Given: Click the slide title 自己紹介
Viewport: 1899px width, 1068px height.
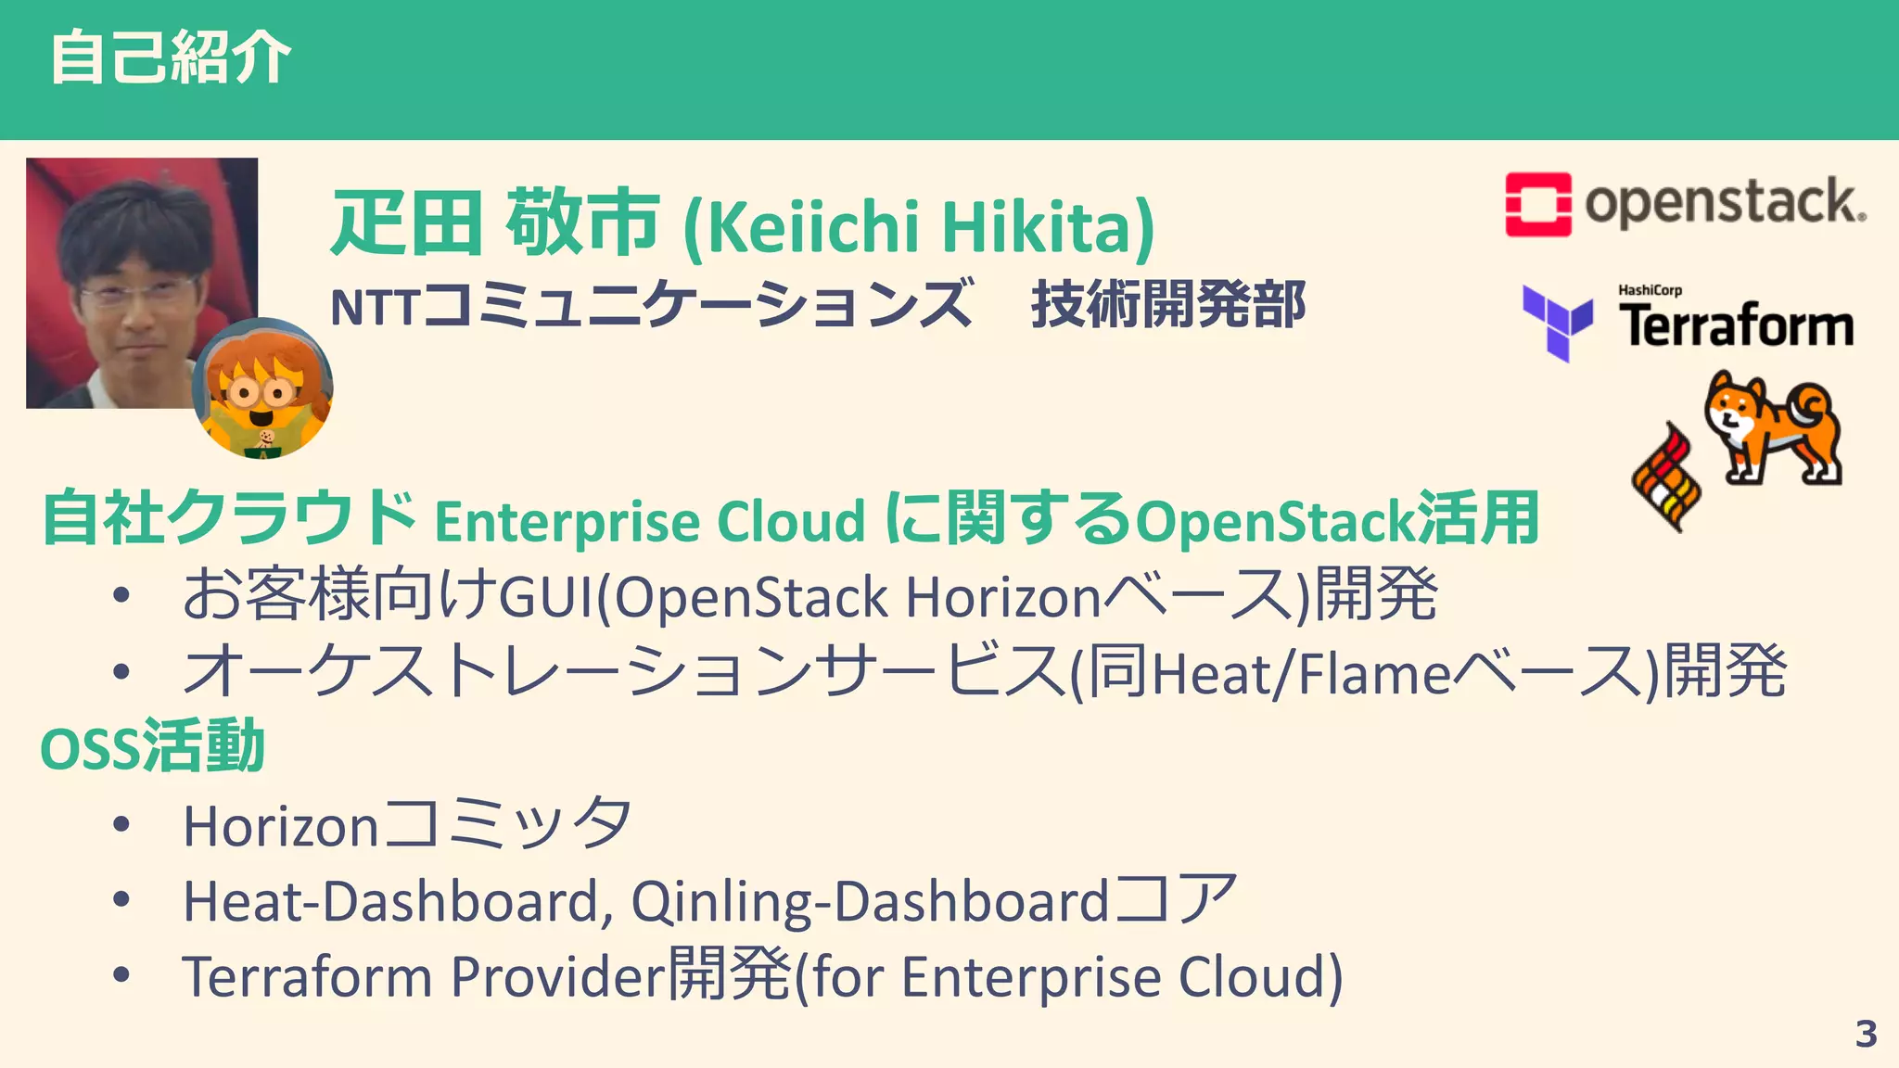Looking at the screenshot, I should (171, 57).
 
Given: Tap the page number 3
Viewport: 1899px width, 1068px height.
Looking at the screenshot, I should (1866, 1034).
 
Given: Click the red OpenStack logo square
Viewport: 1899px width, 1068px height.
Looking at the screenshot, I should (1537, 204).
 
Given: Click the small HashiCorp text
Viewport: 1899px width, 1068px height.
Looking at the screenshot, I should (1650, 290).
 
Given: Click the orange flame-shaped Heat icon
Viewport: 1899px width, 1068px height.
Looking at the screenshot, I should (1666, 477).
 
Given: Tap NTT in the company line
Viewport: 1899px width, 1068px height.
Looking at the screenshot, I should (375, 307).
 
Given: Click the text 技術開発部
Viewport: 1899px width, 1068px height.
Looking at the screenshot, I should (1168, 305).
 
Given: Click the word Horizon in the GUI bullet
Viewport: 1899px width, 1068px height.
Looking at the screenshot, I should (1002, 597).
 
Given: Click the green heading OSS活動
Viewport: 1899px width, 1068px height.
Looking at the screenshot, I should (153, 747).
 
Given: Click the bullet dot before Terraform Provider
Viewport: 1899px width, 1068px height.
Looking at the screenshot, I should (121, 974).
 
